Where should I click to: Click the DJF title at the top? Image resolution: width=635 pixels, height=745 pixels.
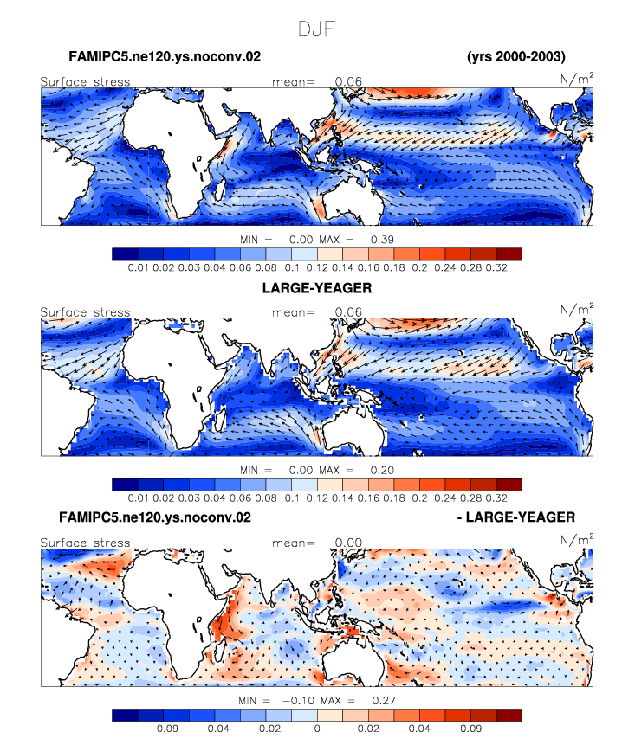[317, 29]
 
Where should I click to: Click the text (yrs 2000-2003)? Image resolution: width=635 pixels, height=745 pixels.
[516, 56]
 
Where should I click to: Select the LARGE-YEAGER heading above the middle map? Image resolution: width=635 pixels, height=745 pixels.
[317, 288]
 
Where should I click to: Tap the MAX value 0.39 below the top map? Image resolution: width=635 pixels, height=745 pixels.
[382, 240]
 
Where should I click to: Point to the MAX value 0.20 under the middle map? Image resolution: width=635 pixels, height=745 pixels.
[382, 470]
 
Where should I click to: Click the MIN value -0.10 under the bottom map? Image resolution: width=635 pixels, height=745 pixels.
[299, 700]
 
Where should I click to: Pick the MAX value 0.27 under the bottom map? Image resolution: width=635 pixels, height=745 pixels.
[384, 700]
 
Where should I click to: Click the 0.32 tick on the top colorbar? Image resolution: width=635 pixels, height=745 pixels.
[496, 267]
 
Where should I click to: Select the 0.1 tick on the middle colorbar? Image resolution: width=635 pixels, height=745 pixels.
[292, 498]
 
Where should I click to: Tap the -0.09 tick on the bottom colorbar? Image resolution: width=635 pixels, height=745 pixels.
[164, 729]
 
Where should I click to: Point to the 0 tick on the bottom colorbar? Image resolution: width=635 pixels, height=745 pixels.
[317, 729]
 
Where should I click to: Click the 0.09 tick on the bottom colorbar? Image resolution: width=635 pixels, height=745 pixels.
[471, 729]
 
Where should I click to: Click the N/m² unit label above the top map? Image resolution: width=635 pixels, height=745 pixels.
[577, 78]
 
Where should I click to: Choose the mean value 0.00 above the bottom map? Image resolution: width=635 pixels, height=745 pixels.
[348, 543]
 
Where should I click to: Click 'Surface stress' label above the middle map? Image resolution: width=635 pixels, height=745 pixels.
[85, 312]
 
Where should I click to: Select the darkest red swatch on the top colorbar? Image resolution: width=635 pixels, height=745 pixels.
[509, 254]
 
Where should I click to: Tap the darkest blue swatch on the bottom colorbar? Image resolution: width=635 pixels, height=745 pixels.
[125, 715]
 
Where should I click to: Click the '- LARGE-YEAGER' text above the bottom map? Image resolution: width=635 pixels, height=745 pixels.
[516, 517]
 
